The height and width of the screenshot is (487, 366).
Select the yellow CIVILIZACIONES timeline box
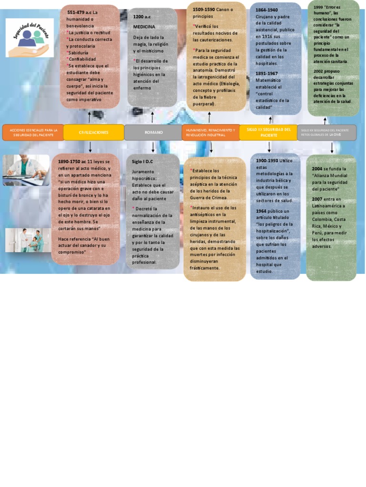click(93, 132)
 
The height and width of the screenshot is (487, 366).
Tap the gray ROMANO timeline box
click(153, 132)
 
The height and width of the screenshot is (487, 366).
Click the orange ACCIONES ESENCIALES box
click(33, 132)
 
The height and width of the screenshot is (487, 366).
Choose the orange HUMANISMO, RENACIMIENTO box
click(211, 132)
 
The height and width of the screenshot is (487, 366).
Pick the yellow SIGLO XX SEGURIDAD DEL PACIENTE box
click(268, 132)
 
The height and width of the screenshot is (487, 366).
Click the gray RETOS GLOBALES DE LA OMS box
click(326, 132)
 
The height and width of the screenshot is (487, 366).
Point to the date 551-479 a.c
click(79, 12)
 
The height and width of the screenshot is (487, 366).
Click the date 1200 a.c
click(142, 17)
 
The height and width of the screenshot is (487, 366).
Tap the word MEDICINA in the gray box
click(144, 27)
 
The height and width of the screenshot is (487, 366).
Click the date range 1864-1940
click(267, 10)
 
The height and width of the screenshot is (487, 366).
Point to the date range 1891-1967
click(267, 73)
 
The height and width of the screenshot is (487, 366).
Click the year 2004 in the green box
click(317, 169)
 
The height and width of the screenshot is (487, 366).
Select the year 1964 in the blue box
click(261, 211)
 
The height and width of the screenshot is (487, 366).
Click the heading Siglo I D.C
click(142, 162)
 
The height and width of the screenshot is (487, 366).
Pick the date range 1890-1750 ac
click(72, 162)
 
